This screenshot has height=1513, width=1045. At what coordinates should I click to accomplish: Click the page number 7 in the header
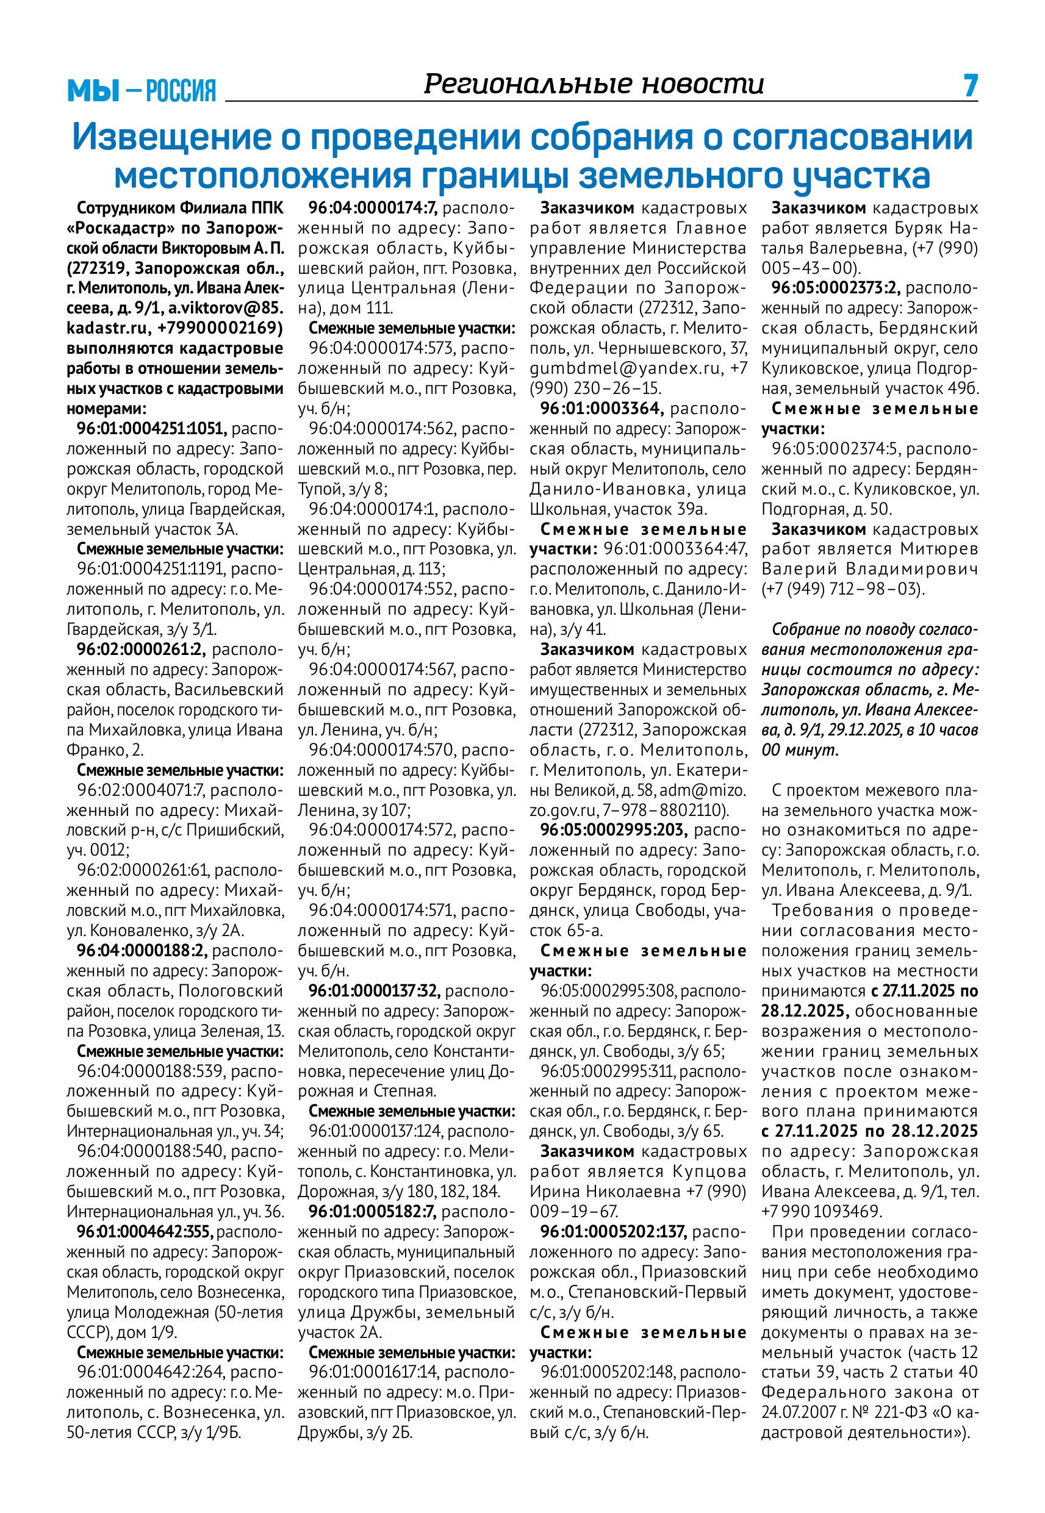point(970,86)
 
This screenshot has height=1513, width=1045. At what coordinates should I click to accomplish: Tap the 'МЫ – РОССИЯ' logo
point(142,90)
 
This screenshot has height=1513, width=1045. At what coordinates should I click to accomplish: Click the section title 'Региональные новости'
point(593,84)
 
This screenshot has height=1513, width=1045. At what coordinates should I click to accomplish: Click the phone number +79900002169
point(221,328)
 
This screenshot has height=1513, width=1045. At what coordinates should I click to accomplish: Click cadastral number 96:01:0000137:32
point(374,991)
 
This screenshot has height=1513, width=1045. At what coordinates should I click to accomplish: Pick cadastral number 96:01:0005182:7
point(372,1211)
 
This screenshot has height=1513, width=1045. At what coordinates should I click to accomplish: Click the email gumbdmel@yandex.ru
point(625,368)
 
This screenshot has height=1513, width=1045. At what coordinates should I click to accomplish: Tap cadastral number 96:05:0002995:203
point(614,830)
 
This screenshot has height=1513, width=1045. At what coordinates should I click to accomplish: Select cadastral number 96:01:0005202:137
point(613,1232)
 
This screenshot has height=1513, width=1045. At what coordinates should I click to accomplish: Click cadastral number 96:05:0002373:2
point(836,288)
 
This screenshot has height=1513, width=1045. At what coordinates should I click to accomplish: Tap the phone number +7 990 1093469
point(822,1211)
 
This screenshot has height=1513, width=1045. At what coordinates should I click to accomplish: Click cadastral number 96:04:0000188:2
point(142,950)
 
